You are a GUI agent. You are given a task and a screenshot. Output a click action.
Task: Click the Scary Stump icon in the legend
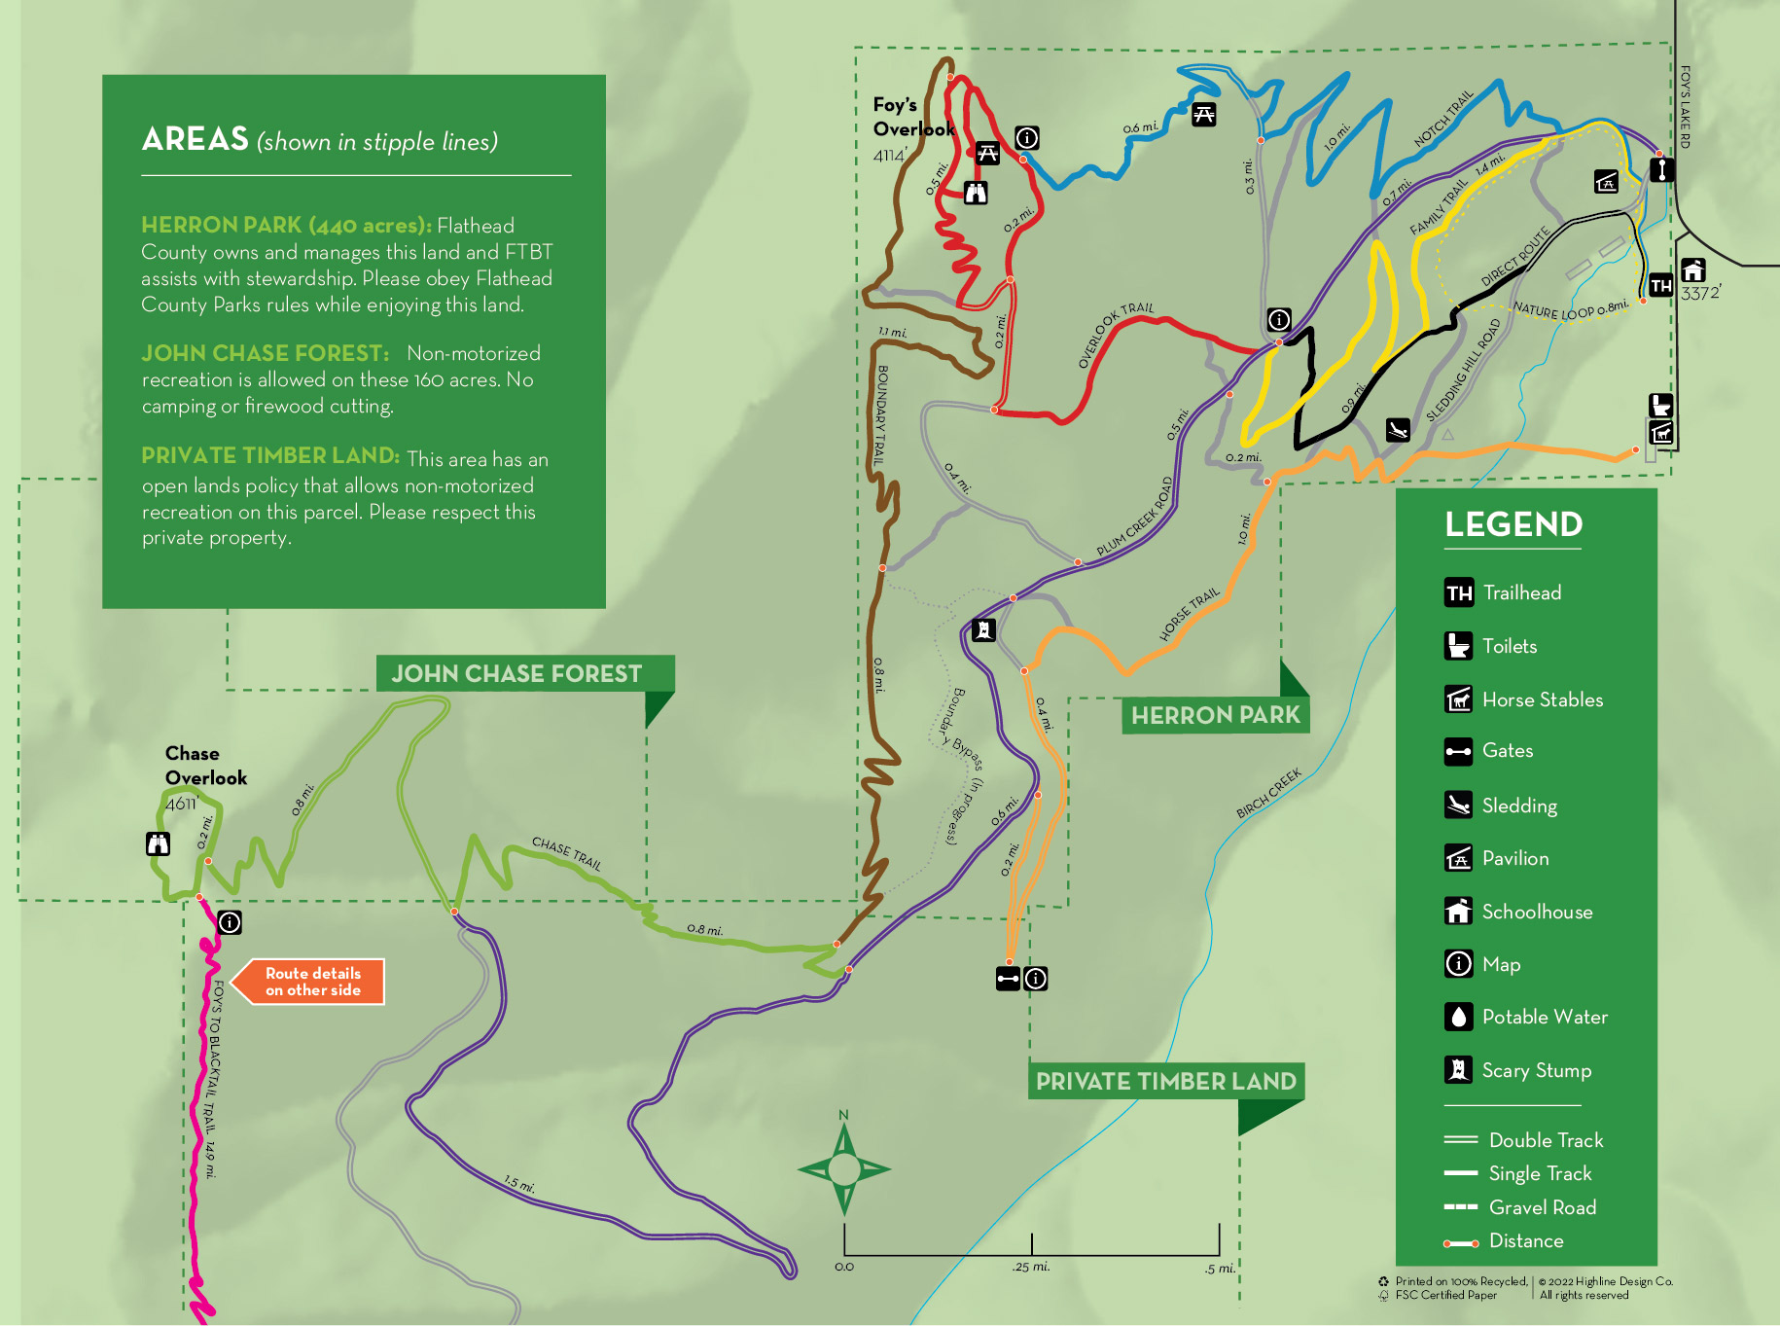click(x=1458, y=1070)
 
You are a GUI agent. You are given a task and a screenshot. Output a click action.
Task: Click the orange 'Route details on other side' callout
click(x=312, y=982)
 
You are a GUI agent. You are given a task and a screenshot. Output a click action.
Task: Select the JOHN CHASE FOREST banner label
click(x=516, y=674)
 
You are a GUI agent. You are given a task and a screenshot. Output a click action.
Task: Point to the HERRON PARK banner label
click(x=1215, y=715)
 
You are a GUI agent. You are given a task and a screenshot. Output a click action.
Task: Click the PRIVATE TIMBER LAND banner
click(x=1165, y=1082)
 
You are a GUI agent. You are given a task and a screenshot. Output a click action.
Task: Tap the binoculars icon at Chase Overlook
click(x=158, y=843)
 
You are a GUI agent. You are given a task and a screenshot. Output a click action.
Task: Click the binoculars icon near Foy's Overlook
click(x=976, y=193)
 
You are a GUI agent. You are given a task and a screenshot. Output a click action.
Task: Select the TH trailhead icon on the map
click(x=1660, y=286)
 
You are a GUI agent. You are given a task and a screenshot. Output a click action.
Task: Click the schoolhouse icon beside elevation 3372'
click(x=1693, y=269)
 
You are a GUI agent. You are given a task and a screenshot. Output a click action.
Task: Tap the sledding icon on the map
click(x=1398, y=430)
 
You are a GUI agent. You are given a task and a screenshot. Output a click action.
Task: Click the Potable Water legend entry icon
click(x=1458, y=1017)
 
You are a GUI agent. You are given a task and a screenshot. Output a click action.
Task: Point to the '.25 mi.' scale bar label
click(x=1030, y=1267)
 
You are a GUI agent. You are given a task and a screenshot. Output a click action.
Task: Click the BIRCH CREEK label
click(x=1268, y=794)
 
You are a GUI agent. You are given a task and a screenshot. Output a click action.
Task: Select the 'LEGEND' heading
click(x=1513, y=524)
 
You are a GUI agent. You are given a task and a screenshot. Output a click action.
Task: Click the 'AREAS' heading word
click(x=196, y=140)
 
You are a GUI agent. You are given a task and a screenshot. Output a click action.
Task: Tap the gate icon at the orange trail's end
click(x=1008, y=979)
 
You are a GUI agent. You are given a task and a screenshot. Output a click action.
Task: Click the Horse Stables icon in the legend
click(x=1458, y=699)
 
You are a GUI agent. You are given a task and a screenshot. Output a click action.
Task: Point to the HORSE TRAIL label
click(x=1189, y=615)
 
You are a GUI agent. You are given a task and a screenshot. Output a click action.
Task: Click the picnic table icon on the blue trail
click(x=1204, y=115)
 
